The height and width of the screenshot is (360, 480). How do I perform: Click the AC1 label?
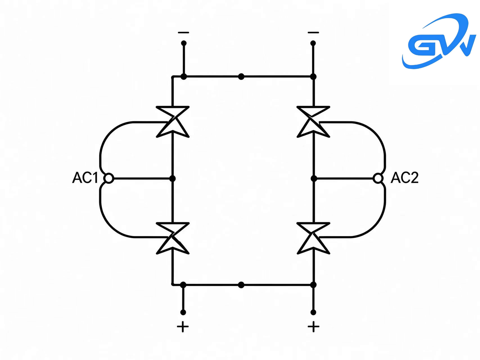tap(85, 178)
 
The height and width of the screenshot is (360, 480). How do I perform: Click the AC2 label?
tap(405, 178)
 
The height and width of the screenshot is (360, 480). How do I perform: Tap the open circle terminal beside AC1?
tap(109, 178)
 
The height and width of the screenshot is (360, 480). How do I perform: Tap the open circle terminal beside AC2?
tap(378, 178)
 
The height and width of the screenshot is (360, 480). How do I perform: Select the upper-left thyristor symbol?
tap(173, 122)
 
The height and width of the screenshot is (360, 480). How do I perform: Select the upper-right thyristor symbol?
tap(313, 122)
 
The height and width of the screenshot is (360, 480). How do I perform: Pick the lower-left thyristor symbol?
tap(173, 238)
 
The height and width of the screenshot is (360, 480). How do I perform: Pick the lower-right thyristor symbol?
tap(313, 238)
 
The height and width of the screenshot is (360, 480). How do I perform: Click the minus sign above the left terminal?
tap(183, 33)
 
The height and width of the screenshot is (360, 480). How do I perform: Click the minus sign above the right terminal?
tap(313, 33)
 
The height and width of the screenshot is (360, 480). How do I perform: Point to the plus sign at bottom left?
tap(183, 327)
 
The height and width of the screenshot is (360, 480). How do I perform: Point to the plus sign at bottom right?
tap(313, 327)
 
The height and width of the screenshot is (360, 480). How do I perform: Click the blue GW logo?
tap(439, 41)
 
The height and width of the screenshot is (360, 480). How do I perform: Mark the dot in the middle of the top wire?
tap(241, 76)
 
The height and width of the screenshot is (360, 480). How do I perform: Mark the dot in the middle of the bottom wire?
tap(241, 285)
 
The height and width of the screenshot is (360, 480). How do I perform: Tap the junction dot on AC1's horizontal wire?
tap(173, 178)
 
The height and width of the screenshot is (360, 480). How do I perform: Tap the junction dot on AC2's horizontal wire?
tap(314, 178)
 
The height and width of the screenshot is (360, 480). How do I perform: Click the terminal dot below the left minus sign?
tap(184, 43)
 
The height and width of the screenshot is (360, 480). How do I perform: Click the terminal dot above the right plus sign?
tap(313, 312)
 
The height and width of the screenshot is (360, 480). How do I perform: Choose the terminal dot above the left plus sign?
tap(183, 312)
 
